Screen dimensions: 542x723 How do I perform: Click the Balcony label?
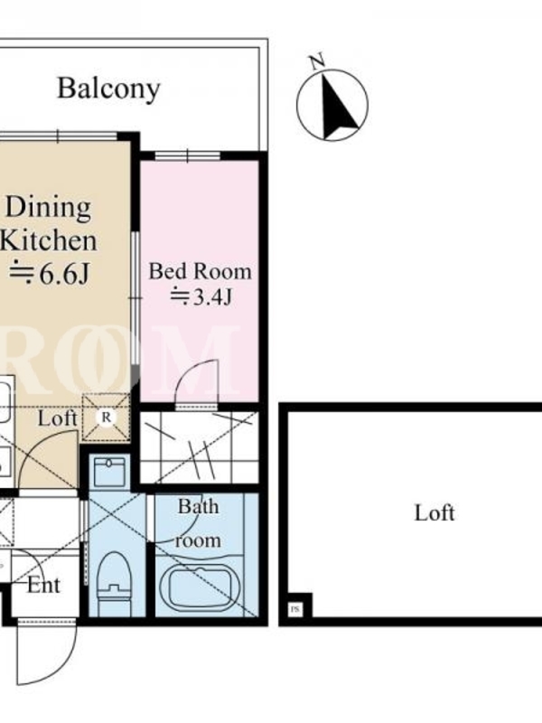pos(108,89)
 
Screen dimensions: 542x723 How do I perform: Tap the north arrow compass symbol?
pos(332,105)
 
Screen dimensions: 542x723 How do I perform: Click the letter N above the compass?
pos(317,61)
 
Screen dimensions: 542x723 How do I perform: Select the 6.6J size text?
pos(49,274)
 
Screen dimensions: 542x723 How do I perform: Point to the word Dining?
pos(48,209)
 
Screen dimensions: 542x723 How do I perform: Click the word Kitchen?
pos(49,240)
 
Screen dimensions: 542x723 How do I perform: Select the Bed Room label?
pos(200,271)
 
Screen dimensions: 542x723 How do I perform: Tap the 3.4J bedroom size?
pos(201,296)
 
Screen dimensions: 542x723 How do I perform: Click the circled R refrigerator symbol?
pos(107,418)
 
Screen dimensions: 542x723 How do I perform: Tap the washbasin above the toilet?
pos(109,472)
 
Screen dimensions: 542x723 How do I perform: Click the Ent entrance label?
pos(43,586)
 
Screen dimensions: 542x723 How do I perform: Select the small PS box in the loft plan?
pos(295,609)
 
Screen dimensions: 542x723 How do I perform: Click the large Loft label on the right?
pos(435,512)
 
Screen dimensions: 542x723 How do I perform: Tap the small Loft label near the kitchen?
pos(57,418)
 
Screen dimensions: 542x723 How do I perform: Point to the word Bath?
pos(199,507)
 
